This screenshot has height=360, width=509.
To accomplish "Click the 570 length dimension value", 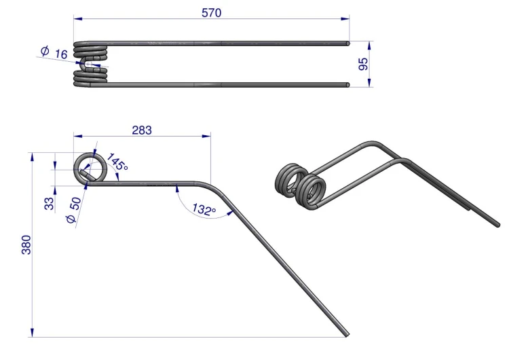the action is coord(211,13).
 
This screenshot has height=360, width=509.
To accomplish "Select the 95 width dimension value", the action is coord(364,64).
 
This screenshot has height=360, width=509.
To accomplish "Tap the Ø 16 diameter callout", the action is coord(54,52).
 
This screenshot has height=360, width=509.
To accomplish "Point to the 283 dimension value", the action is coord(142,130).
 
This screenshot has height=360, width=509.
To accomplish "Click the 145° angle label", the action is coord(117,162).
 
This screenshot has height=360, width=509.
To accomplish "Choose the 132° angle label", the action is coord(204,209).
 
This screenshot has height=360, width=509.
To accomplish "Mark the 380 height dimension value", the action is coord(26,245).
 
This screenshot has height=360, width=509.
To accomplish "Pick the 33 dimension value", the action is coord(49,204).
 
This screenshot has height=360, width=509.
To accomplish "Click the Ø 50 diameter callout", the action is coord(74,210).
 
